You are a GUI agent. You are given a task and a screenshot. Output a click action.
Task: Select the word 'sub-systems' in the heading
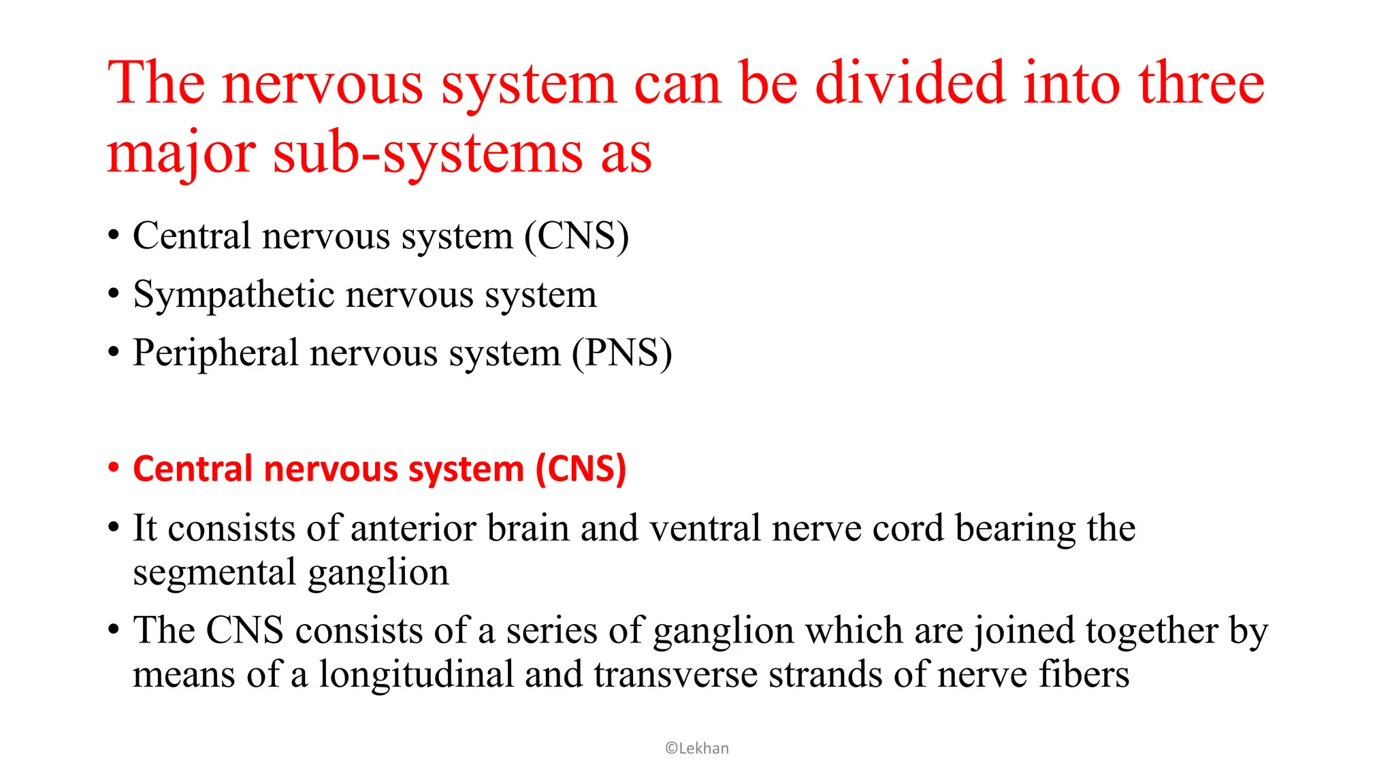pyautogui.click(x=427, y=153)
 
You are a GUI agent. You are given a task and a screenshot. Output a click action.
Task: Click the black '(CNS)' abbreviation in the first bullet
pyautogui.click(x=577, y=236)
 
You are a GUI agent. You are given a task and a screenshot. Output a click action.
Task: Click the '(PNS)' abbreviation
pyautogui.click(x=621, y=353)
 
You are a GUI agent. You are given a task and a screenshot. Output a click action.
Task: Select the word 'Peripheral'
pyautogui.click(x=216, y=353)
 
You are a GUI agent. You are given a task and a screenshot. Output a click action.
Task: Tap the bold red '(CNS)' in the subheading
pyautogui.click(x=581, y=469)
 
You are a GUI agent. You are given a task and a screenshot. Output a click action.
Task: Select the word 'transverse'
pyautogui.click(x=675, y=674)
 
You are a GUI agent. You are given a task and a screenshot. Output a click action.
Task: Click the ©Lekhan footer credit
pyautogui.click(x=697, y=749)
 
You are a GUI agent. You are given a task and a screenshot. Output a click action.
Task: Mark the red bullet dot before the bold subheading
pyautogui.click(x=114, y=468)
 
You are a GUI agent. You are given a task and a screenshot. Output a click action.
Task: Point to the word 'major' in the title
pyautogui.click(x=181, y=153)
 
